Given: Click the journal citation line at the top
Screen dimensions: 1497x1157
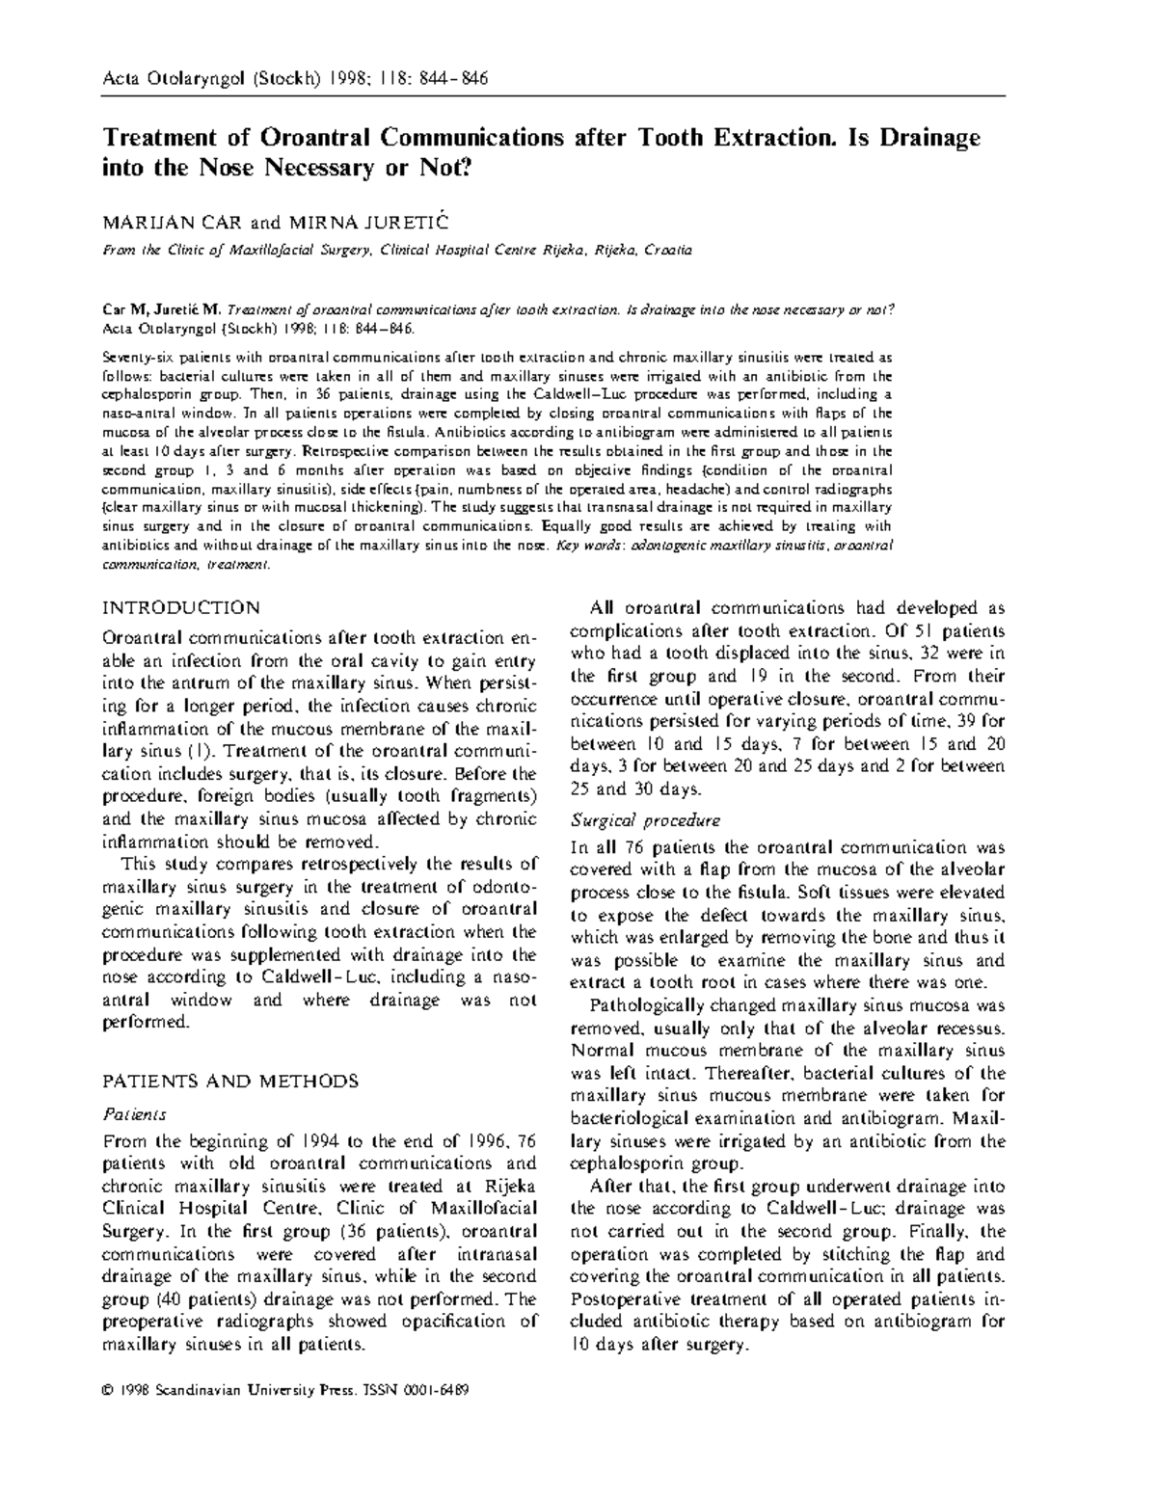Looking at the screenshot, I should (x=295, y=78).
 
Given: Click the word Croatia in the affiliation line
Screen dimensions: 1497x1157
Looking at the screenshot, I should (x=668, y=251).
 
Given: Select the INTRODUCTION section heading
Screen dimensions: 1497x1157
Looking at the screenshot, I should (x=181, y=608).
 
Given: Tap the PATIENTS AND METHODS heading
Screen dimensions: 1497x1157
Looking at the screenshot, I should (x=230, y=1082).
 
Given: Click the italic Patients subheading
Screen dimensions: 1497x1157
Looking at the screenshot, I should (x=134, y=1114).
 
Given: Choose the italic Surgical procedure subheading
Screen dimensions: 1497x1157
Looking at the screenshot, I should (x=645, y=821).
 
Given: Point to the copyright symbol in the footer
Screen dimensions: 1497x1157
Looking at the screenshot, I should (x=108, y=1391).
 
